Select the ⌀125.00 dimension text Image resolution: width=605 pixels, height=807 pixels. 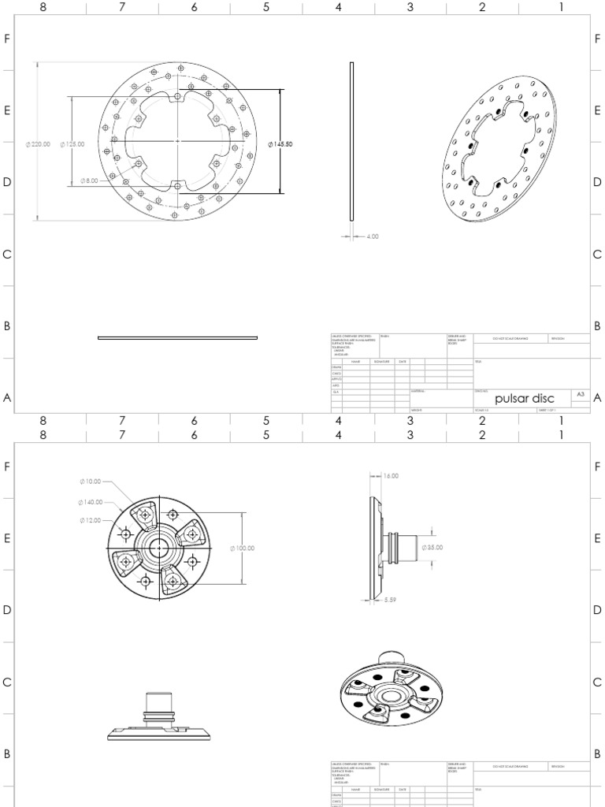point(72,144)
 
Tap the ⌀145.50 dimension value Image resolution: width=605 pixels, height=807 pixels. point(281,144)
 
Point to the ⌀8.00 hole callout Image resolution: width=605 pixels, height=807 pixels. point(89,180)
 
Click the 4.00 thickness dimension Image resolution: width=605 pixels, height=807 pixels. point(370,236)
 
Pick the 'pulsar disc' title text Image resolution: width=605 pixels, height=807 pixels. point(524,399)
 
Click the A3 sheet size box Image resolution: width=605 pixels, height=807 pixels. point(581,393)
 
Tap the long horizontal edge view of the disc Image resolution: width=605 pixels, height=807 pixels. point(177,337)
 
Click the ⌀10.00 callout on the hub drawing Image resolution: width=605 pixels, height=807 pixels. point(91,482)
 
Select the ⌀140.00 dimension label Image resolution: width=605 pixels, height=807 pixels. point(91,501)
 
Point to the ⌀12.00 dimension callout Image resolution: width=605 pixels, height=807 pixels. point(91,520)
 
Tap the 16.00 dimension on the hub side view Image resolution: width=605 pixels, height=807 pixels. point(390,476)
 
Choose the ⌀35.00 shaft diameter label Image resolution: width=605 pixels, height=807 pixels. point(434,546)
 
